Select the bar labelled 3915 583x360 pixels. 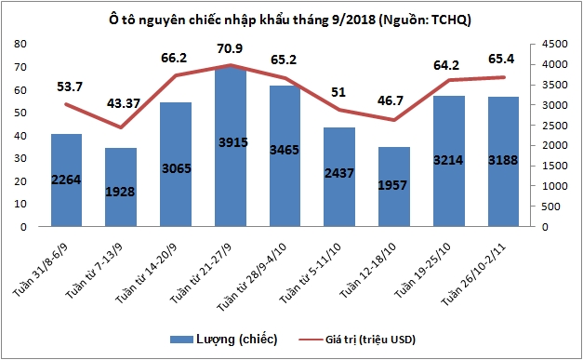pyautogui.click(x=230, y=149)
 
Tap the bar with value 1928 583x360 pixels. pyautogui.click(x=120, y=186)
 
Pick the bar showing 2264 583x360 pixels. pyautogui.click(x=66, y=180)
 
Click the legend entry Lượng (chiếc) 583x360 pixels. pyautogui.click(x=224, y=339)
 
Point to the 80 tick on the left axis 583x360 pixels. pyautogui.click(x=20, y=44)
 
